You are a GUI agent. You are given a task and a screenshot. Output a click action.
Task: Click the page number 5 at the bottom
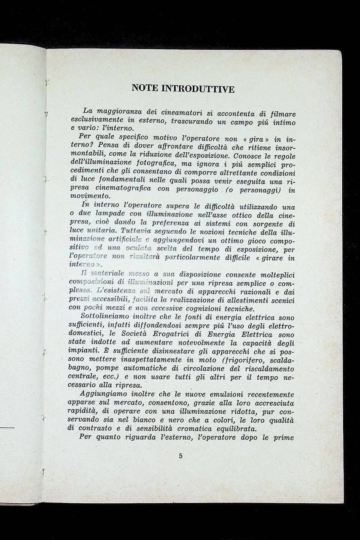coord(180,455)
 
